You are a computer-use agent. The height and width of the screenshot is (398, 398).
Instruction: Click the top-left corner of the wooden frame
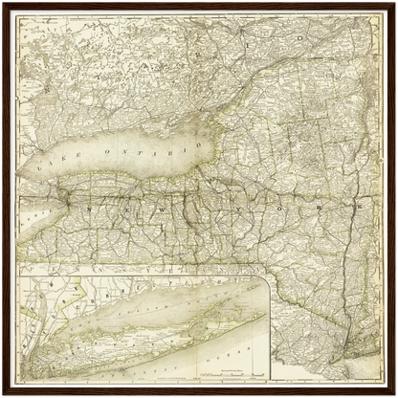(3, 3)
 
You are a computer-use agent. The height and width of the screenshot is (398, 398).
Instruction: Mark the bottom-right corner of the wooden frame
(394, 394)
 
